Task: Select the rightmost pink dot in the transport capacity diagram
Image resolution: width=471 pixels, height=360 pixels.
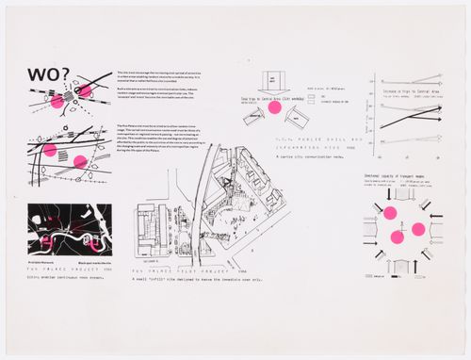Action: click(419, 229)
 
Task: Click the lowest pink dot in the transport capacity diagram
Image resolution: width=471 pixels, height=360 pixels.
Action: click(398, 237)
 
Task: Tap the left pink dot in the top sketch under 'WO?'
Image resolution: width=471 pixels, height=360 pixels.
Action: click(57, 100)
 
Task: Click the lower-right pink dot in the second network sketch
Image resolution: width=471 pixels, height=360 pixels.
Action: click(78, 161)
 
